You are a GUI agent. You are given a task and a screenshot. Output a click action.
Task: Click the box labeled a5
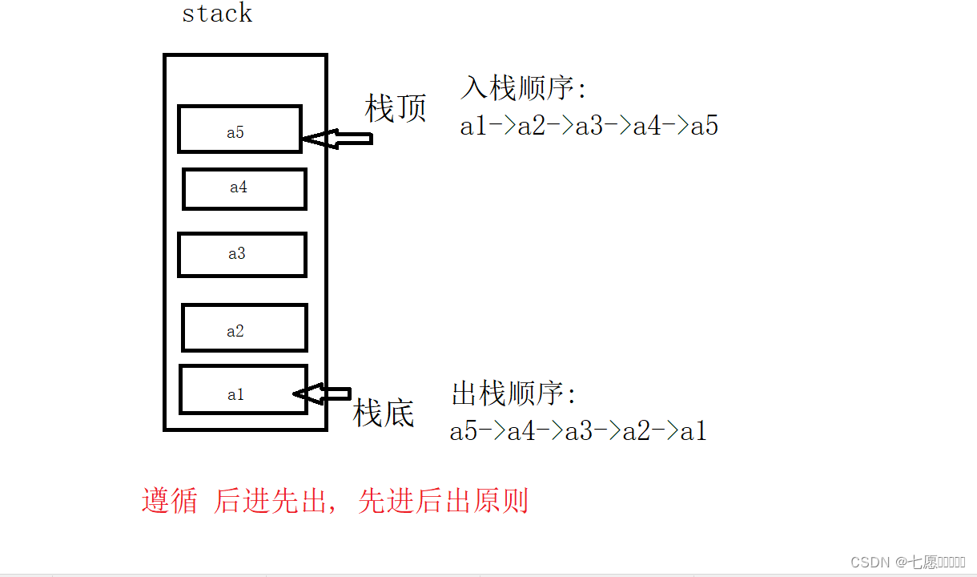(239, 128)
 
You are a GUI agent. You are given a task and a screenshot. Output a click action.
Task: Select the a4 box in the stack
(244, 189)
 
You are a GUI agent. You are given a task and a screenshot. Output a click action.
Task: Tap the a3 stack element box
(242, 255)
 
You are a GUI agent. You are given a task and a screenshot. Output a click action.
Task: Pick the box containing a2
(244, 328)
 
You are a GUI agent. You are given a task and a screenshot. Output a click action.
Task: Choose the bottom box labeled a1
(243, 390)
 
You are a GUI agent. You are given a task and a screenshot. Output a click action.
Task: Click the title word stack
(217, 14)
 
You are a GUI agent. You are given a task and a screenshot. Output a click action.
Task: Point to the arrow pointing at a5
(337, 139)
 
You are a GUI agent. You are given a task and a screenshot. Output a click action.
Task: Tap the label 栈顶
(396, 108)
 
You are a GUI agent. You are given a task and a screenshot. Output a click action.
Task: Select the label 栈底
(384, 414)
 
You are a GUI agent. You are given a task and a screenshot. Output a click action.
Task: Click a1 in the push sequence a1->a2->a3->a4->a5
(473, 126)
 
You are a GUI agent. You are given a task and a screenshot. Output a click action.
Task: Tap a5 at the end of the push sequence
(704, 126)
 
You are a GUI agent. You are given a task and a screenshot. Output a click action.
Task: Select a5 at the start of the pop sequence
(464, 432)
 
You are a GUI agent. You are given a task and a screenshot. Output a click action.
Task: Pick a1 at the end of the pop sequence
(694, 432)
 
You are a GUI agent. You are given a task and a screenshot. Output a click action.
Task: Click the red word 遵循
(170, 501)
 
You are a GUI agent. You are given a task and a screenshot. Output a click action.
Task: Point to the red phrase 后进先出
(270, 501)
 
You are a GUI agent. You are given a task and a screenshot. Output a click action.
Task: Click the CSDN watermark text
(870, 562)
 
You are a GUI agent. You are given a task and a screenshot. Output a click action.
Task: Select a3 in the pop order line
(578, 432)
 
